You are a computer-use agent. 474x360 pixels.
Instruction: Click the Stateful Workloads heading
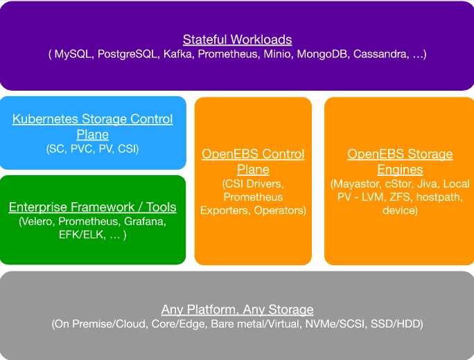(x=237, y=39)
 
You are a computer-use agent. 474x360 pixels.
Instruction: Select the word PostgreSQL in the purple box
(x=127, y=54)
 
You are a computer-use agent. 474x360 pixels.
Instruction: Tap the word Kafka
(x=178, y=54)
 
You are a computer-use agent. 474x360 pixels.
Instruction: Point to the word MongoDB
(x=323, y=54)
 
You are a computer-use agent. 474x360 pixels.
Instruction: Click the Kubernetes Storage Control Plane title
(x=93, y=127)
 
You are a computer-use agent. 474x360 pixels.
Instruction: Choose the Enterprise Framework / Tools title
(x=93, y=207)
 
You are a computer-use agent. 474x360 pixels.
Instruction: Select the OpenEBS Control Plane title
(x=253, y=161)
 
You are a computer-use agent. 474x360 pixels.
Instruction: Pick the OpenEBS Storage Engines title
(x=400, y=161)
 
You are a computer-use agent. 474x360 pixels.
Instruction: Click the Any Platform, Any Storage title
(x=237, y=309)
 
